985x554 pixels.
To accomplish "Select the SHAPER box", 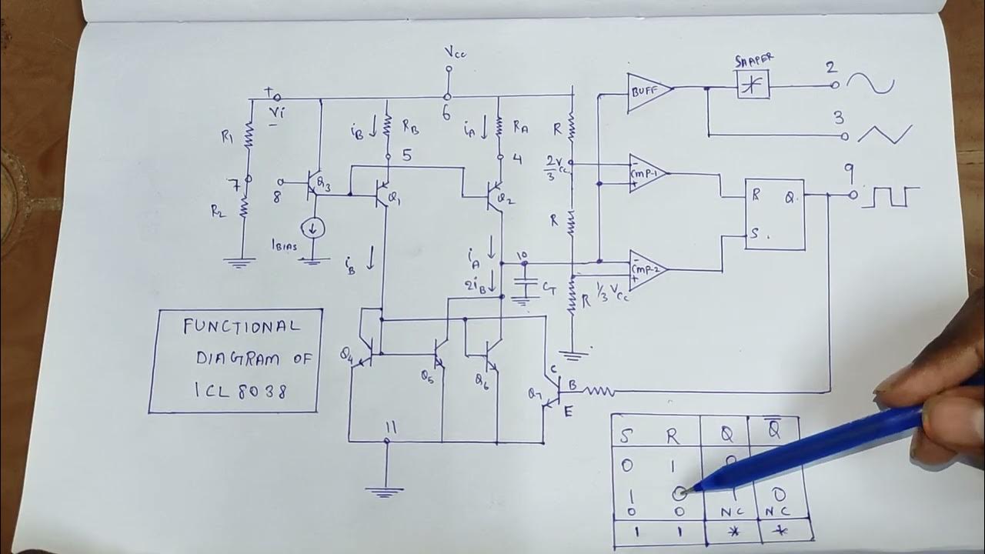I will pyautogui.click(x=753, y=85).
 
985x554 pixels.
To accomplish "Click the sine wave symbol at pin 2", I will pyautogui.click(x=872, y=83).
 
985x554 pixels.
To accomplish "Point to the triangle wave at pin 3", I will pyautogui.click(x=885, y=134).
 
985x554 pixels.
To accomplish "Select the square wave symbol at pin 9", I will pyautogui.click(x=891, y=197).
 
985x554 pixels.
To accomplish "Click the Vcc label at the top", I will pyautogui.click(x=455, y=52).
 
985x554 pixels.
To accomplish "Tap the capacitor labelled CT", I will pyautogui.click(x=526, y=285).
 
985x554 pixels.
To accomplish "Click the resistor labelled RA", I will pyautogui.click(x=499, y=124).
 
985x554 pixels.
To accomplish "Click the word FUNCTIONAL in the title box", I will pyautogui.click(x=240, y=326).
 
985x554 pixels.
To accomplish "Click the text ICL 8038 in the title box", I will pyautogui.click(x=241, y=391).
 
